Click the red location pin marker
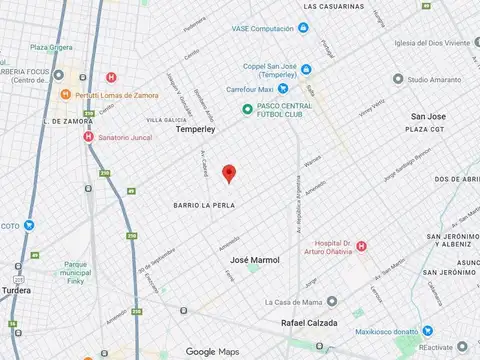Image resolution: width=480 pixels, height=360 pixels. pyautogui.click(x=228, y=173)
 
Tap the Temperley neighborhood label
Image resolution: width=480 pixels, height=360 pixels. pyautogui.click(x=196, y=129)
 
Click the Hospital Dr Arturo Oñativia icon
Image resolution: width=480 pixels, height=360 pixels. pyautogui.click(x=362, y=247)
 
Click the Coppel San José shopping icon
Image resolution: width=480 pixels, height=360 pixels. pyautogui.click(x=306, y=68)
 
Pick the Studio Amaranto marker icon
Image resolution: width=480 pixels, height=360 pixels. pyautogui.click(x=398, y=78)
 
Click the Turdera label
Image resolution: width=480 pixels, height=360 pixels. pyautogui.click(x=16, y=289)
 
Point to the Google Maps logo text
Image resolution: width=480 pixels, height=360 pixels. pyautogui.click(x=213, y=351)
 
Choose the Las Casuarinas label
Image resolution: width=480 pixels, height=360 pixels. pyautogui.click(x=338, y=6)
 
